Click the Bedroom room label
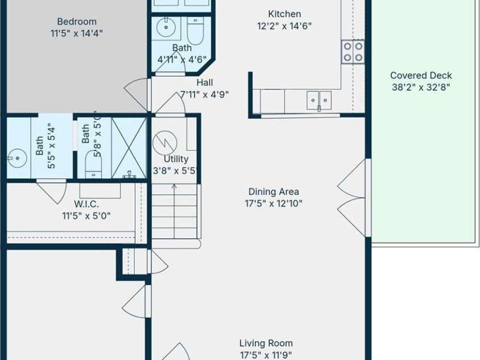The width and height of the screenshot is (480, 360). point(76,22)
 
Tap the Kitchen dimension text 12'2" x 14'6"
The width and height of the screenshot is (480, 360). point(284,26)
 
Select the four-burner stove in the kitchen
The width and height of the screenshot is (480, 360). point(353,52)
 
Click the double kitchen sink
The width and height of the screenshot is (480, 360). point(319,100)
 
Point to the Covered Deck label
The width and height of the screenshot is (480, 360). point(421,75)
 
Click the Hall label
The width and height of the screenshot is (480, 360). point(205,83)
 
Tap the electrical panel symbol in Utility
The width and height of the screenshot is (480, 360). point(165,143)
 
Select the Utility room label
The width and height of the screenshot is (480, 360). point(176,159)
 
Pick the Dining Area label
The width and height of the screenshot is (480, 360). point(274,191)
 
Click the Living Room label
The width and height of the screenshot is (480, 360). point(266,343)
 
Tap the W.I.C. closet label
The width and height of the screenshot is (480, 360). point(87,204)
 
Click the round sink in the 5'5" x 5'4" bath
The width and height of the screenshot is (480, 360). point(17,158)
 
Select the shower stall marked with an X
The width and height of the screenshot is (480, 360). point(129,148)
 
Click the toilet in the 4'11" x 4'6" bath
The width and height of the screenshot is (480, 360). point(195,31)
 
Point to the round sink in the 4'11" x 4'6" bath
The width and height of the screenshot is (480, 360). point(166,27)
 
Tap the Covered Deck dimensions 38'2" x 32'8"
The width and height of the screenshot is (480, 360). point(421,88)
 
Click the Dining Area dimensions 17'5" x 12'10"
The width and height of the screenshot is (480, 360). point(274,203)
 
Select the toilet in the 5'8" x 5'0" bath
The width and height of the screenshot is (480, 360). point(93,165)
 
